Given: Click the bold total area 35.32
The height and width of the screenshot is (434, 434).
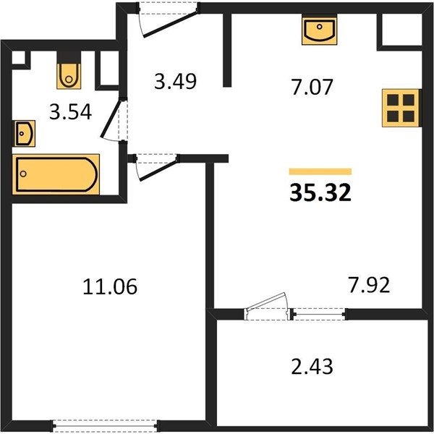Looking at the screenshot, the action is tap(320, 193).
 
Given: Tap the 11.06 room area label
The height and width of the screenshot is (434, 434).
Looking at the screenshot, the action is tap(110, 286).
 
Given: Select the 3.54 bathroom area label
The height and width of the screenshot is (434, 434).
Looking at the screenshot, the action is tap(70, 112).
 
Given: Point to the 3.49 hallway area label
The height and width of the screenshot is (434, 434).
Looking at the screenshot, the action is tap(175, 81).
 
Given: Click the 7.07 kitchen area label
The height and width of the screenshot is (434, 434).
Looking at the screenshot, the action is tap(312, 87).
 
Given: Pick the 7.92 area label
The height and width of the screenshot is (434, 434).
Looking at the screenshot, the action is tap(369, 285).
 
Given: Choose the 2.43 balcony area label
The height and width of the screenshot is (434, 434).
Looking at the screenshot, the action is tap(312, 366).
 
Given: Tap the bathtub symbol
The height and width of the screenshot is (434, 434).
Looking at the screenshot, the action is tap(56, 174).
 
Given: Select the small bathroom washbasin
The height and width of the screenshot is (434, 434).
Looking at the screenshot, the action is tap(25, 134).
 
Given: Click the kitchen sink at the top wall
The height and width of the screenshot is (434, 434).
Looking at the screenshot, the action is tap(320, 30).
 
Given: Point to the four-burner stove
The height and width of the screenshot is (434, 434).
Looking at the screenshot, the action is tap(401, 108).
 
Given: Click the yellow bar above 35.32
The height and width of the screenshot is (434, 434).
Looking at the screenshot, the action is tap(320, 171).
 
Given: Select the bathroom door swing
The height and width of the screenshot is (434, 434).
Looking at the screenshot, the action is tap(111, 119).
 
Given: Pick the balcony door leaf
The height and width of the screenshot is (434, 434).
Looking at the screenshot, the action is tap(266, 301).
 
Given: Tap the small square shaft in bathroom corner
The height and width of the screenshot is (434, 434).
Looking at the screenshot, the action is tap(19, 58).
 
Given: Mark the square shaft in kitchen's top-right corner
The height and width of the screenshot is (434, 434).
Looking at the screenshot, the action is tap(401, 30).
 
